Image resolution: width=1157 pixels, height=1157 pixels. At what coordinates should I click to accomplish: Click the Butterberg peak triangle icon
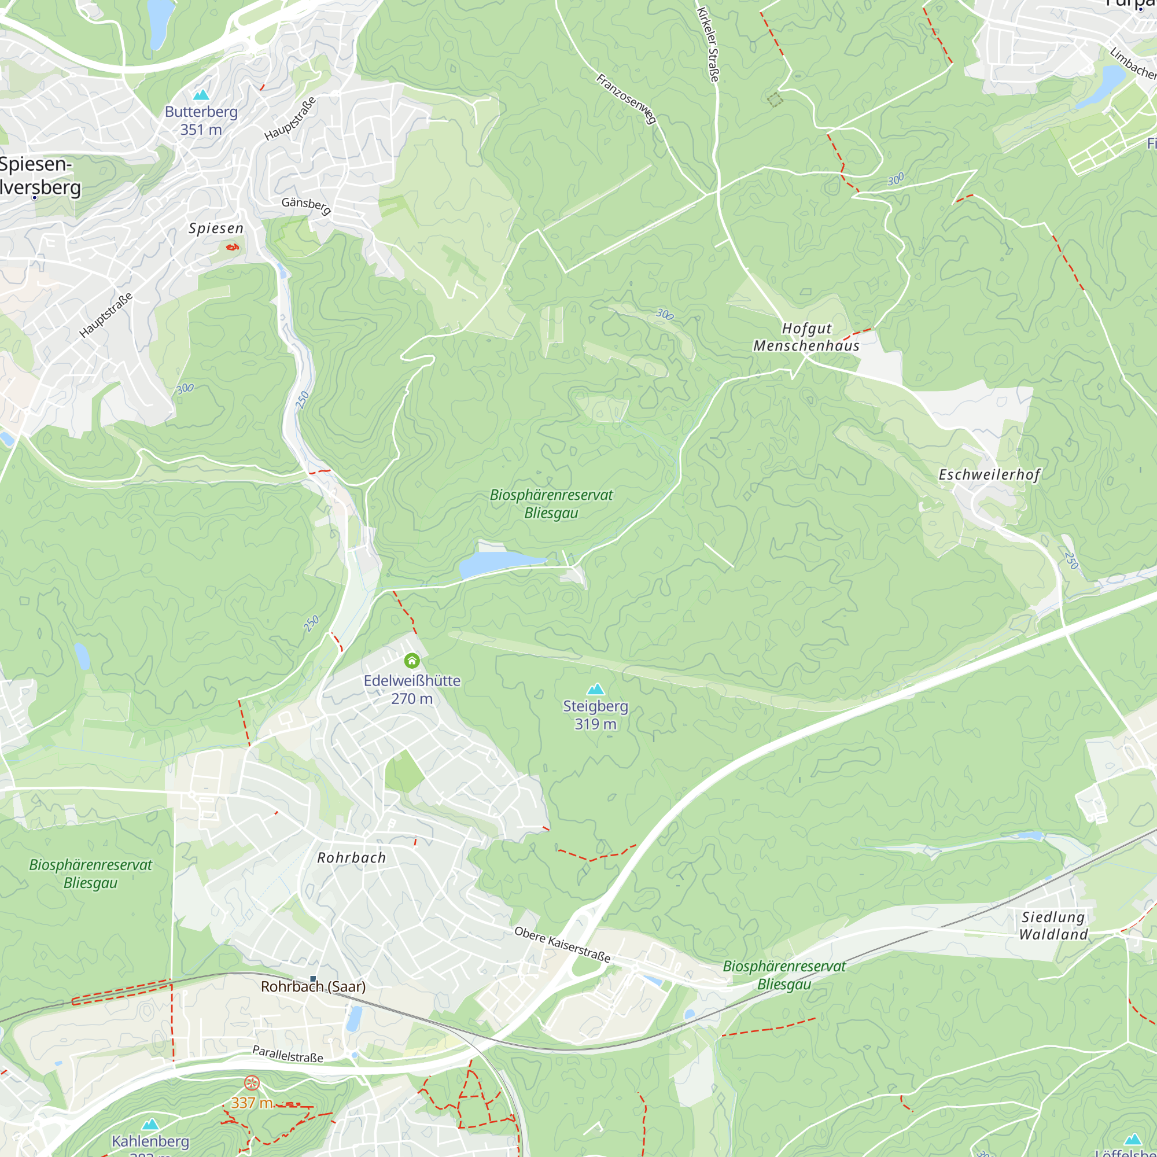(201, 95)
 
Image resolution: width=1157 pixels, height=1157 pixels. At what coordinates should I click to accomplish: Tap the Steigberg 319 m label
(595, 715)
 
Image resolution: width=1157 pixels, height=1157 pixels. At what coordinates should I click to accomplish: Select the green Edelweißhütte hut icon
(411, 661)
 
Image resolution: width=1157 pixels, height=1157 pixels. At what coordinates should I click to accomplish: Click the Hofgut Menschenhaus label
(806, 337)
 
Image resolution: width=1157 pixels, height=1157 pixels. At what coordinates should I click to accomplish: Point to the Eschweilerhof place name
(989, 475)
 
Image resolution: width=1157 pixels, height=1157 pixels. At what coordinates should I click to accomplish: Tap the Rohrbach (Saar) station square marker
(312, 979)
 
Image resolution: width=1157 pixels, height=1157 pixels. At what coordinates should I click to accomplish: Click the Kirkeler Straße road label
(708, 45)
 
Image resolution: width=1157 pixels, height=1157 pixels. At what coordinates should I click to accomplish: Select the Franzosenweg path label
(627, 99)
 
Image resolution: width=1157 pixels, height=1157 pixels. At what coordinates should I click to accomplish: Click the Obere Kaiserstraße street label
(562, 945)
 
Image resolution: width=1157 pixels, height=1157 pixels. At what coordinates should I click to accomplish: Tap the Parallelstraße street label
(288, 1054)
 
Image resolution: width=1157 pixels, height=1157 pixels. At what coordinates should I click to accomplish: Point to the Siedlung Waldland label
(1053, 926)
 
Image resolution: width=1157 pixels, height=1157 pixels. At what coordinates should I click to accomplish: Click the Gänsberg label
(306, 205)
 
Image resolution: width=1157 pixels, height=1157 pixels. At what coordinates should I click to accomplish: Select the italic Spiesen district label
(216, 229)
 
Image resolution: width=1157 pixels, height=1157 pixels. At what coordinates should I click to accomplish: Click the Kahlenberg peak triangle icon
(150, 1124)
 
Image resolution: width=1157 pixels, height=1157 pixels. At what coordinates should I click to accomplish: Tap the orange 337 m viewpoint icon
(252, 1082)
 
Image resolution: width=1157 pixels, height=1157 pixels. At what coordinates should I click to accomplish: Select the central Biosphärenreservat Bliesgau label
(551, 504)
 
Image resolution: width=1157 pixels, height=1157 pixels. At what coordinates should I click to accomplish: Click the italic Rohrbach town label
(352, 858)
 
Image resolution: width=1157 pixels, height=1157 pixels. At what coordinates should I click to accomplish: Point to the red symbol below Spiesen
(233, 247)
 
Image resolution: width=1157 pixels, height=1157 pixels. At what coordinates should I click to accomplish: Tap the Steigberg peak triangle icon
(595, 690)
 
